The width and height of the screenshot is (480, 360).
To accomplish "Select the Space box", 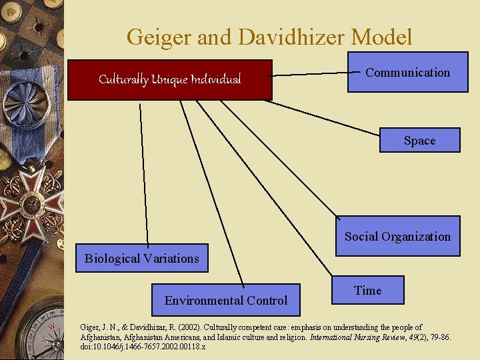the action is (x=419, y=141).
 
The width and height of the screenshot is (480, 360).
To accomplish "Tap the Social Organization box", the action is (x=397, y=236).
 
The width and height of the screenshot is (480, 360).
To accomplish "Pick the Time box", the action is (x=368, y=290).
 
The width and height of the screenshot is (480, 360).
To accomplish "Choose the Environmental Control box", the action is (x=226, y=300).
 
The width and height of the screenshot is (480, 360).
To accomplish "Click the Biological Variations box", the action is (x=141, y=258).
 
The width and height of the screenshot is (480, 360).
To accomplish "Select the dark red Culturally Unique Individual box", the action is (x=170, y=80).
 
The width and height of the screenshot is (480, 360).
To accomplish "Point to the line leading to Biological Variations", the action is (x=143, y=173).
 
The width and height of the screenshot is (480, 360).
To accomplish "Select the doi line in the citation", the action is (x=143, y=347).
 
